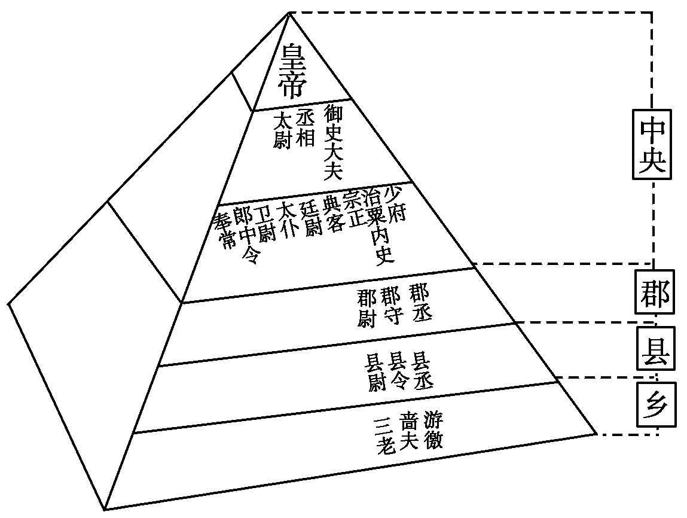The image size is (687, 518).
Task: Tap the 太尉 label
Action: (x=283, y=130)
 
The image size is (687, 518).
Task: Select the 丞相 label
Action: (x=306, y=127)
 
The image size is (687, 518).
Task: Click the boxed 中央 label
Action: (x=652, y=144)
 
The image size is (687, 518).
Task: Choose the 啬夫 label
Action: (x=409, y=432)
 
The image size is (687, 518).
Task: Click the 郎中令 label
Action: (x=246, y=234)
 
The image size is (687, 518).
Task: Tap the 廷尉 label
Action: (x=312, y=219)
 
